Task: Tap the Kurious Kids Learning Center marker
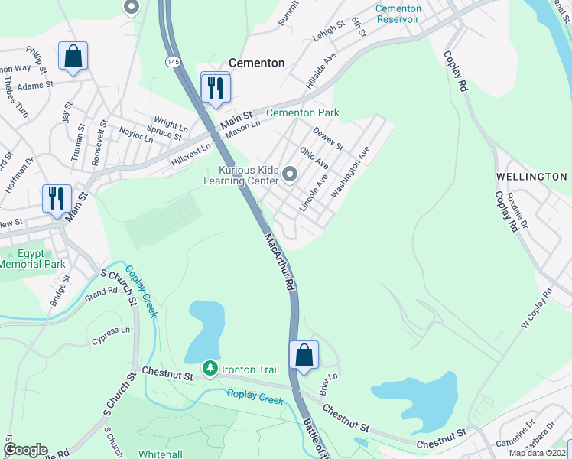click(x=289, y=174)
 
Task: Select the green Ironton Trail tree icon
click(x=210, y=369)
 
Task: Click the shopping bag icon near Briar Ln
click(x=304, y=356)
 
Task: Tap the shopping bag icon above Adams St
click(x=73, y=57)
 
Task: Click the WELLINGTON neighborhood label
click(x=531, y=177)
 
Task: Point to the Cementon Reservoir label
click(x=398, y=13)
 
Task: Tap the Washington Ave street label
click(x=351, y=172)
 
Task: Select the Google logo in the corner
click(x=25, y=450)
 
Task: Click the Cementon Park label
click(x=302, y=112)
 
